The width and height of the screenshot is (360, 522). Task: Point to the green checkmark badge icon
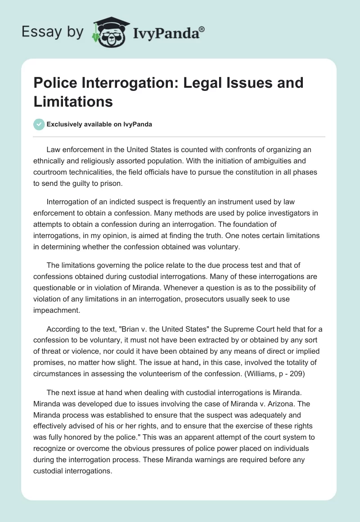(39, 124)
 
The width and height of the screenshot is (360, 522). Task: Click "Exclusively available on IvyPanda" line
(99, 124)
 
